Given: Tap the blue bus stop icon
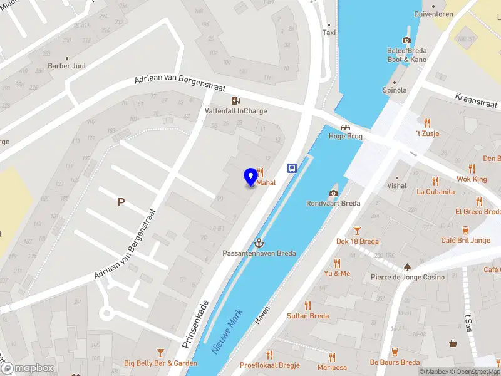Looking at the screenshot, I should coord(292,168).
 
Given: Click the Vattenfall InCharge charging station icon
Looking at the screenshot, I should coord(235,100).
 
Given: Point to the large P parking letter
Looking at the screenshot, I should coord(121,202).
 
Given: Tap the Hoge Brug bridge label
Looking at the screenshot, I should coord(346,136).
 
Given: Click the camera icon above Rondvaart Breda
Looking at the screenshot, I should coord(333,192).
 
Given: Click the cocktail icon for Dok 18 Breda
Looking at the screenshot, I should coord(358,231).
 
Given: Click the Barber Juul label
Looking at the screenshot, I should coord(67,66).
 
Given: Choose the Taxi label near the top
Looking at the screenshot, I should coord(329,33).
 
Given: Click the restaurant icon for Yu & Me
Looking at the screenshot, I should coord(337,263).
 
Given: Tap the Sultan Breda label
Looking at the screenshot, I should coord(307,316).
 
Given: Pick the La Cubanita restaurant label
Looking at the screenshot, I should coord(435,192).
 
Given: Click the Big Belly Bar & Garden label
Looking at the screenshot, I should coord(160,363).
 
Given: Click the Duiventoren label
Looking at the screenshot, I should coord(433,13).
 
